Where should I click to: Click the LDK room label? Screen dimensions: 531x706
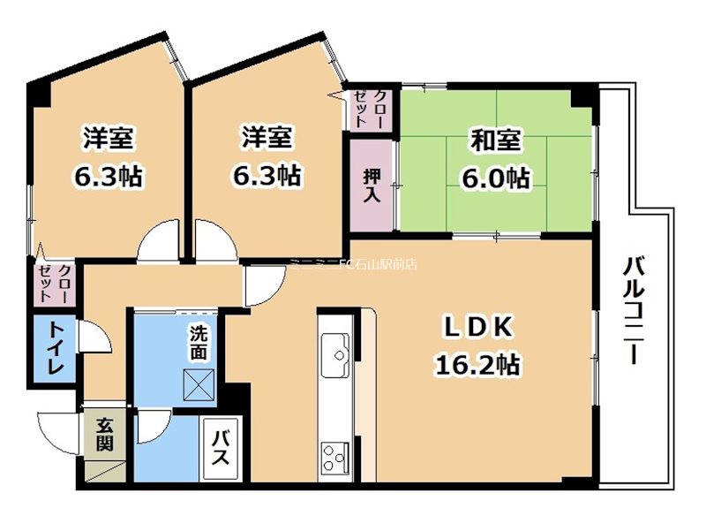[x=477, y=327]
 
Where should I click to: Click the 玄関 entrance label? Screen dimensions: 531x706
[x=104, y=435]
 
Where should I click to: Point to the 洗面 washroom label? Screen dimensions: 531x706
[x=199, y=343]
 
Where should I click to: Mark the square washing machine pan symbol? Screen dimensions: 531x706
[x=198, y=383]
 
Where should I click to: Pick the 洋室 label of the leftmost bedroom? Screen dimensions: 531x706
[x=109, y=140]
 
